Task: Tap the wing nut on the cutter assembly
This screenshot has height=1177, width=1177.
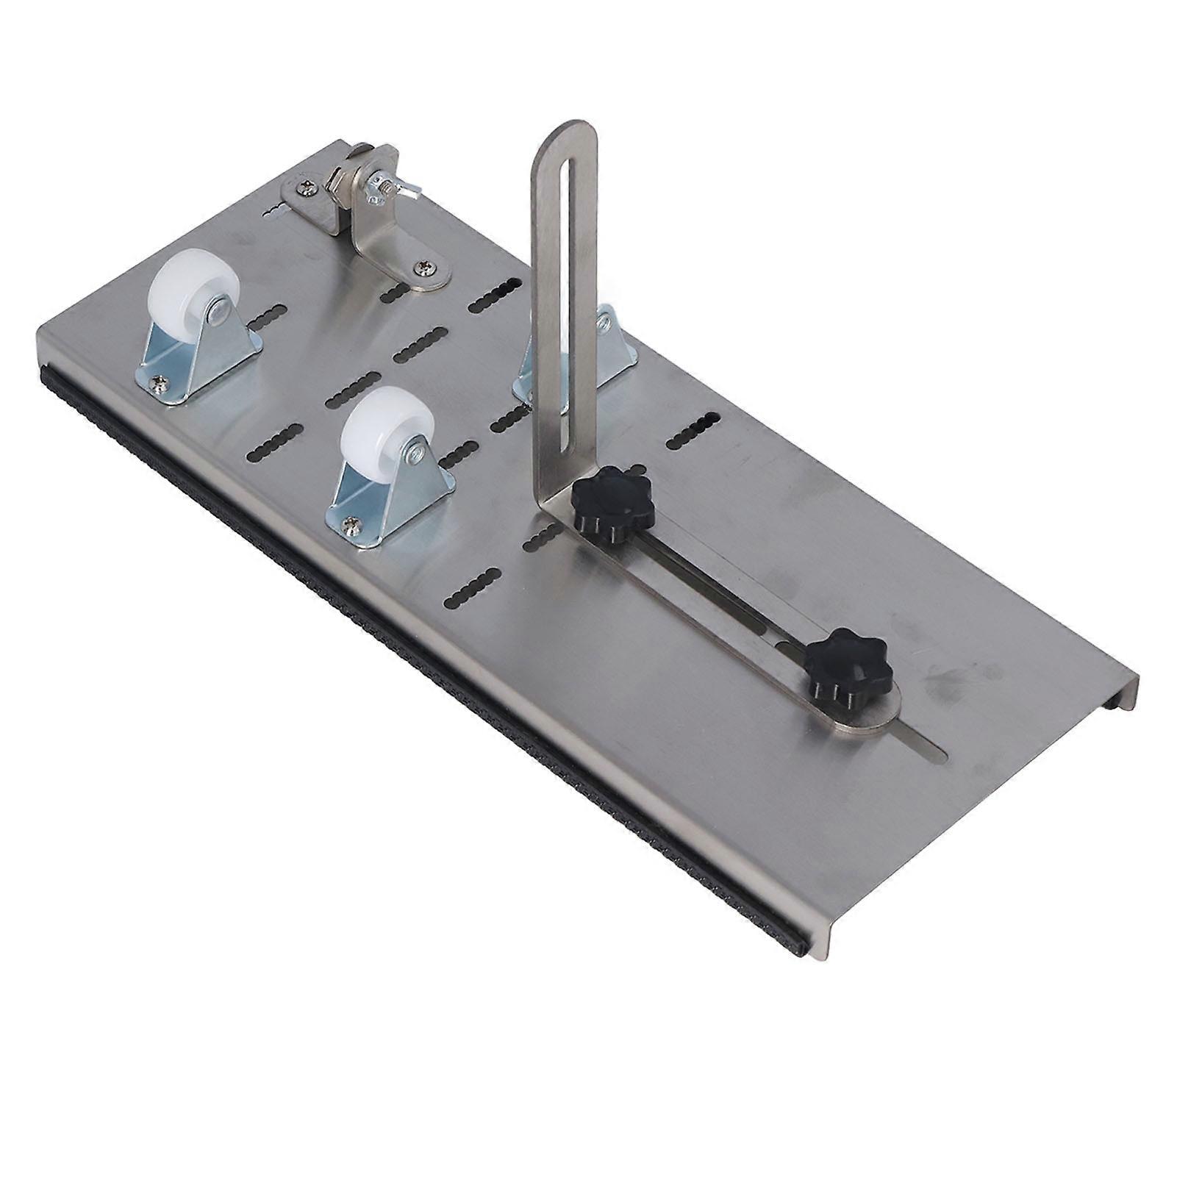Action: click(390, 184)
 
